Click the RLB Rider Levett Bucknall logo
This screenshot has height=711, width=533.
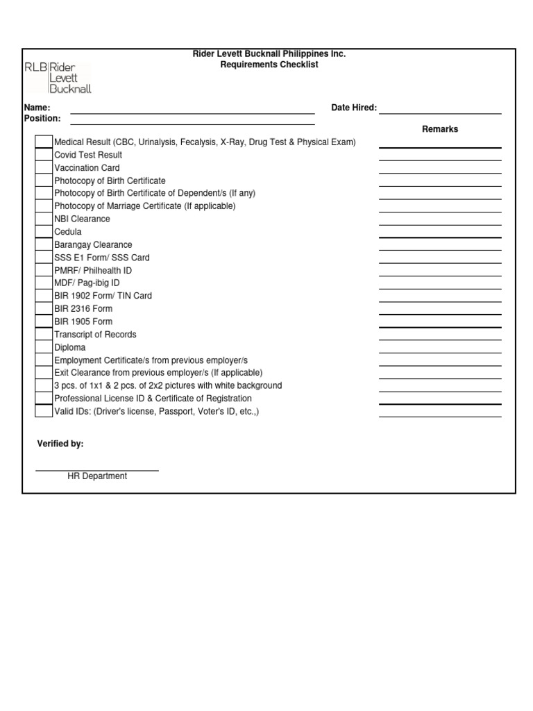58,78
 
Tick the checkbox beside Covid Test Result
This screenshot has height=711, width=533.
44,155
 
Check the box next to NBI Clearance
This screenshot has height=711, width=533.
44,219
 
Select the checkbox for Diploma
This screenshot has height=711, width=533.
44,347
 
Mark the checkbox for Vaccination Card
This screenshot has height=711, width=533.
44,168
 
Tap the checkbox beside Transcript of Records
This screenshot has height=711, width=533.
44,335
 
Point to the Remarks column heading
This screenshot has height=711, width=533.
440,129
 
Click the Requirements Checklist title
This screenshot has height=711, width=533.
269,65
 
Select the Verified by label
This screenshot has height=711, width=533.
60,444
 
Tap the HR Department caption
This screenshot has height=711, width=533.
97,476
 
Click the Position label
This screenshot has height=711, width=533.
42,119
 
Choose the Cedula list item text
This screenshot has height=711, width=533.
68,232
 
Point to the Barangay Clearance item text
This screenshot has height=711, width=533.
93,244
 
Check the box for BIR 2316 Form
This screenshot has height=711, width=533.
44,309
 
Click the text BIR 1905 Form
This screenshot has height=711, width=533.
83,321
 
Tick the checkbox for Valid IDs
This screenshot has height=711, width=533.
44,411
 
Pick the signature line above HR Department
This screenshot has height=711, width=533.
97,470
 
